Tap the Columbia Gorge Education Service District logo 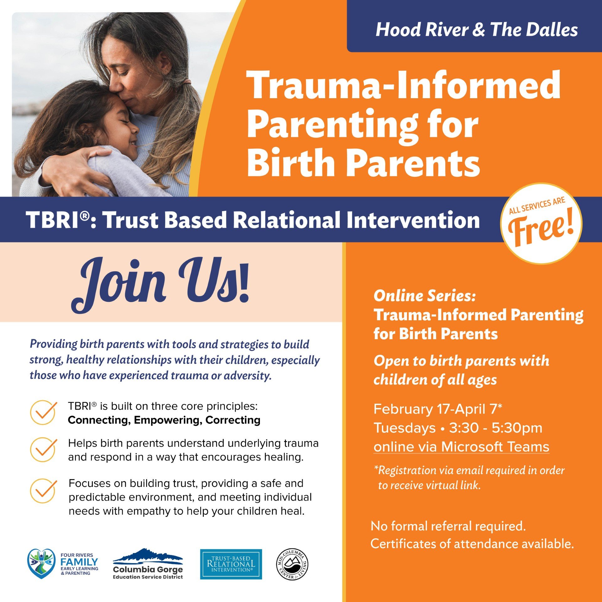point(148,564)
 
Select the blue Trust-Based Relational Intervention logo point(231,564)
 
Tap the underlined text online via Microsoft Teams point(461,447)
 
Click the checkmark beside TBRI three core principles point(43,413)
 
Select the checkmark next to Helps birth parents point(43,450)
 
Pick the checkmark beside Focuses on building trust point(43,490)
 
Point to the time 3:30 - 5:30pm point(495,428)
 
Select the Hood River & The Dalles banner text point(477,30)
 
